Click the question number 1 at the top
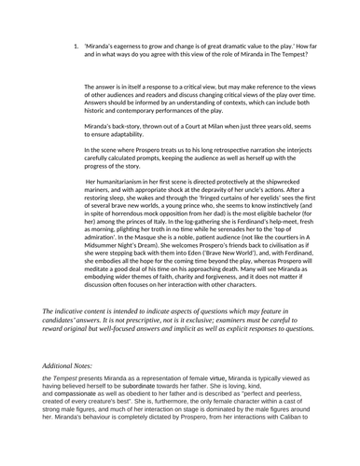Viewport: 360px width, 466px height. (73, 46)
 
